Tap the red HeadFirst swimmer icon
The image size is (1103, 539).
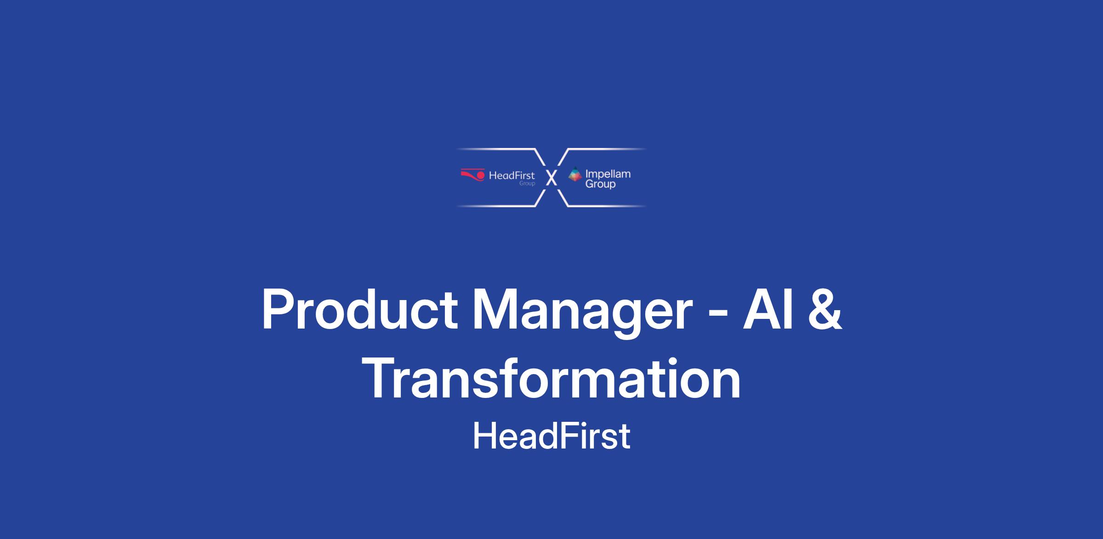(x=472, y=174)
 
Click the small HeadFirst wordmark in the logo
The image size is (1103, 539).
(x=512, y=175)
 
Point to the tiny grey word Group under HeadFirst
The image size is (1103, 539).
(x=527, y=183)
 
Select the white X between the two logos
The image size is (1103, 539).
(x=551, y=177)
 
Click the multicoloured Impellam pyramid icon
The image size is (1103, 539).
(x=574, y=174)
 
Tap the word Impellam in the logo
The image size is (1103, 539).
(x=608, y=175)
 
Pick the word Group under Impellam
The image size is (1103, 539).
(x=600, y=185)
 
